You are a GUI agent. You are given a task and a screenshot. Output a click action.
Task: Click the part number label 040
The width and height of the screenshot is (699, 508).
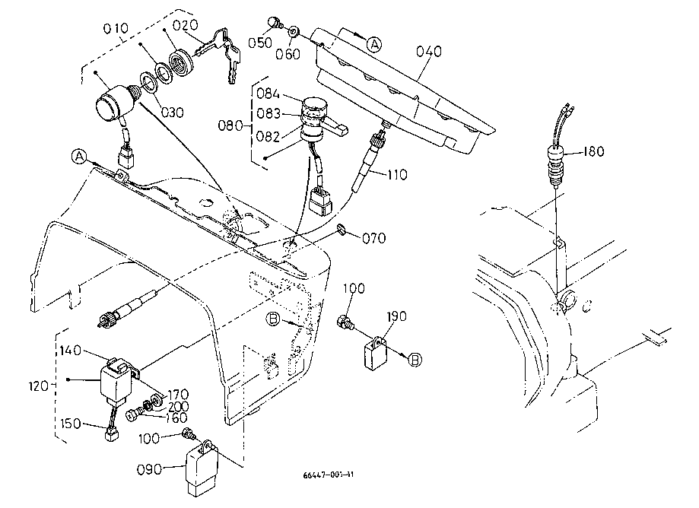[x=430, y=52]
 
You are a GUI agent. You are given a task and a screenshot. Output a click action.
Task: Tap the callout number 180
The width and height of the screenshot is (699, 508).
[x=593, y=152]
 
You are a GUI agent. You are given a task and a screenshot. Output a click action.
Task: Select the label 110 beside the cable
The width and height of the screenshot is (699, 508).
[x=396, y=174]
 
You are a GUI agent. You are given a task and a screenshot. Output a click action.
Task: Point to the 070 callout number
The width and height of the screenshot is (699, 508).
[x=374, y=239]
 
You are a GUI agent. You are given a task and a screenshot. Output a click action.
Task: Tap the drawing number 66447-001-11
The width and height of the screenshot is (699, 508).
[x=328, y=475]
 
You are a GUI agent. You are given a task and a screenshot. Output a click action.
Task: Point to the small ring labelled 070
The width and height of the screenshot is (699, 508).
[x=343, y=229]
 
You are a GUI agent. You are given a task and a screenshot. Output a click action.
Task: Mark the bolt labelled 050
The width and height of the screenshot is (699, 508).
[x=276, y=24]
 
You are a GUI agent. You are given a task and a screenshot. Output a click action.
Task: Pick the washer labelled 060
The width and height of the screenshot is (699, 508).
[x=294, y=31]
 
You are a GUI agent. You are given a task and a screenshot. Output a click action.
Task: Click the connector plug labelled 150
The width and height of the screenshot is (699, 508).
[x=111, y=434]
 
